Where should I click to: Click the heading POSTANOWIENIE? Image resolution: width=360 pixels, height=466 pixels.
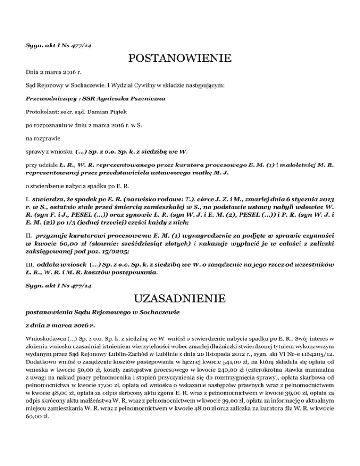click(180, 59)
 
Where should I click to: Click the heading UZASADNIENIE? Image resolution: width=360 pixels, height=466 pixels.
click(180, 298)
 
